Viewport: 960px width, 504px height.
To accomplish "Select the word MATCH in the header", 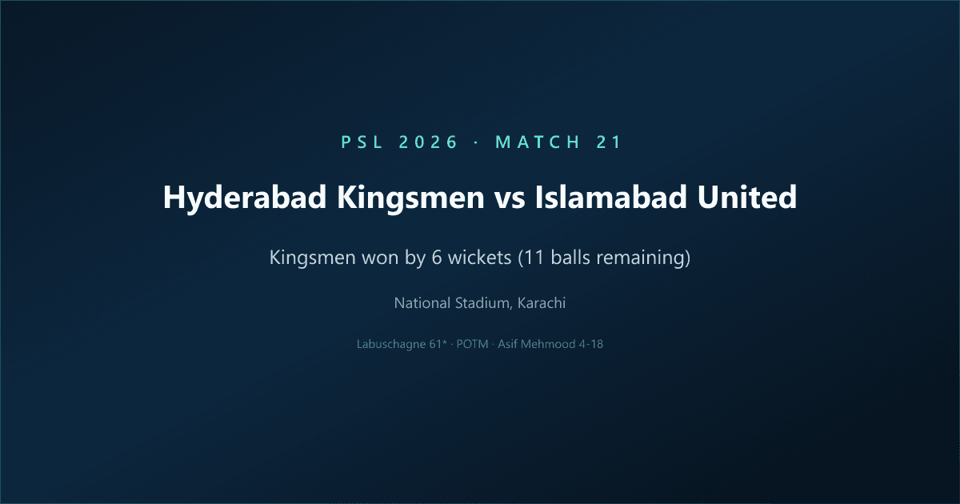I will point(538,142).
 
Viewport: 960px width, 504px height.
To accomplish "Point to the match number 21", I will point(609,142).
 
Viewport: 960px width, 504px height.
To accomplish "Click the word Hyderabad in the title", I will point(238,198).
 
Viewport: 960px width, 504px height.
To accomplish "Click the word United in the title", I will point(751,198).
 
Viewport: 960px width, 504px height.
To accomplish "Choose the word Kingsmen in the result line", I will point(308,259).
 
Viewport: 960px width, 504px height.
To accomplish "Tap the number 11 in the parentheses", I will point(531,259).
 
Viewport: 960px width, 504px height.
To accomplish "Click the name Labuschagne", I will point(393,345).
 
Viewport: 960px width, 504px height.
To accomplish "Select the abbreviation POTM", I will point(473,345).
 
